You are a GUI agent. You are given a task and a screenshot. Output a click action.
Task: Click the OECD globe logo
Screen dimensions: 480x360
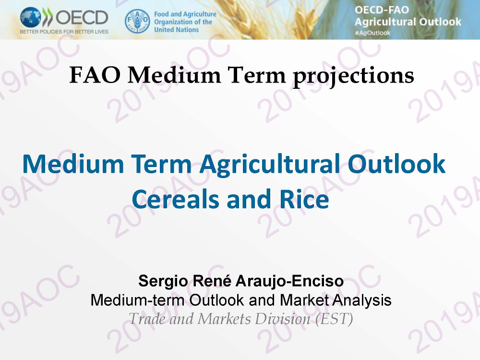coord(31,17)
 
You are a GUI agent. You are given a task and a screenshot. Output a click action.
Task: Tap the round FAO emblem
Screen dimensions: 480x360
coord(137,21)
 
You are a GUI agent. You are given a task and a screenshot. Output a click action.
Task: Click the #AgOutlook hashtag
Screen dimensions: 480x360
coord(372,33)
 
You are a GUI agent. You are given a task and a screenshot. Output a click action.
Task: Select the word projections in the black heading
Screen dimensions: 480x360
coord(354,76)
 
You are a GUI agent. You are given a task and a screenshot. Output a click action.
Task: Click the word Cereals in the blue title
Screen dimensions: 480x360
coord(175,199)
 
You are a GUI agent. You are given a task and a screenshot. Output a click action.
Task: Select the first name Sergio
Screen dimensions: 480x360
coord(163,281)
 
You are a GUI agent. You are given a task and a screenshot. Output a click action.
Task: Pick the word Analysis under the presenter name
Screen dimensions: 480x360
coord(362,300)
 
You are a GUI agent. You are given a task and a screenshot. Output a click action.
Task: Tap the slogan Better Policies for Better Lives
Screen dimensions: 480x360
coord(64,32)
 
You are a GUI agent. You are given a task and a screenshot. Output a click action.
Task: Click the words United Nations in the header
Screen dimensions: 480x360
coord(176,30)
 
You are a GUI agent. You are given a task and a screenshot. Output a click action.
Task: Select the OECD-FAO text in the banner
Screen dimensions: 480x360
coord(382,10)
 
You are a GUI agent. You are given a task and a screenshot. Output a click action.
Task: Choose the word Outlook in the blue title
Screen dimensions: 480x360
coord(396,164)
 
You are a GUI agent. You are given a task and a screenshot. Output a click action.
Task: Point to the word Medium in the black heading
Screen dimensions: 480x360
coord(174,75)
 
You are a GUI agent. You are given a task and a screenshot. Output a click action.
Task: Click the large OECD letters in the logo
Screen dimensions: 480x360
coord(82,17)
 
